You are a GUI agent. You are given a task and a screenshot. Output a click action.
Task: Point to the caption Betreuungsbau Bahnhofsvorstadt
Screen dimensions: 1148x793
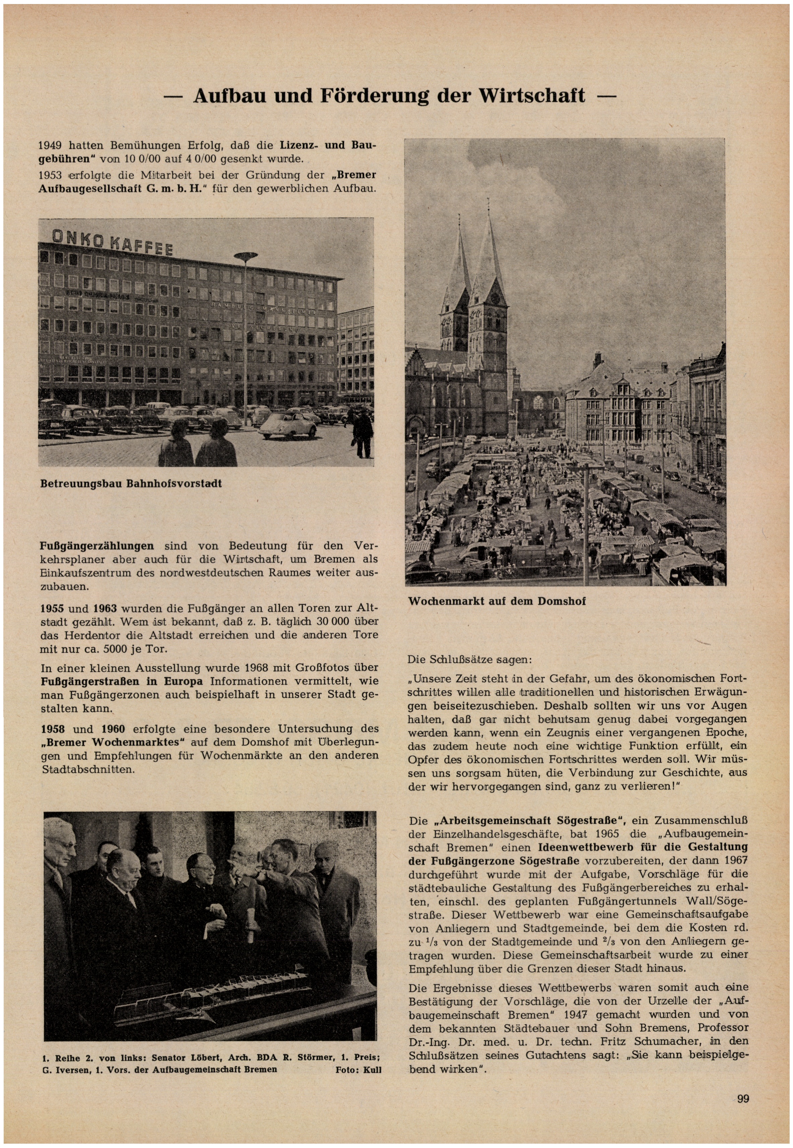coord(131,483)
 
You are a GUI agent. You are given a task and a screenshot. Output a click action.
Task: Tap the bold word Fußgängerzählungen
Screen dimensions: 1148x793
coord(97,546)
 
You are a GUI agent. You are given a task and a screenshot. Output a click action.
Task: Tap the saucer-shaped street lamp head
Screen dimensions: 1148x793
coord(247,256)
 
